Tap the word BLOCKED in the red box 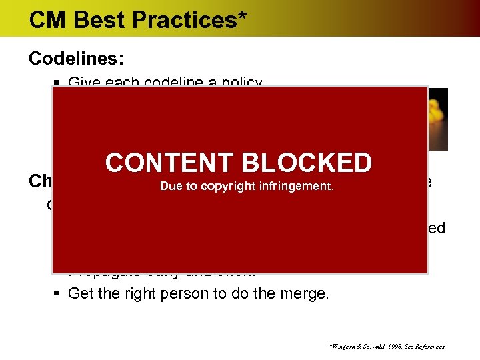(x=306, y=163)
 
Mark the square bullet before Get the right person (x=57, y=294)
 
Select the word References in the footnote (x=430, y=347)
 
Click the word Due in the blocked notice (x=171, y=187)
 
